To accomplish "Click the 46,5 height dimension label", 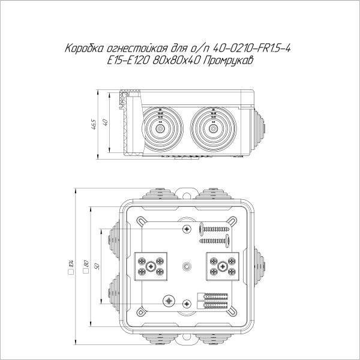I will click(94, 124).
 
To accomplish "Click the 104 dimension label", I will click(71, 265).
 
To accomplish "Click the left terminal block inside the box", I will click(151, 266).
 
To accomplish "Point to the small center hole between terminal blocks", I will click(186, 265).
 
